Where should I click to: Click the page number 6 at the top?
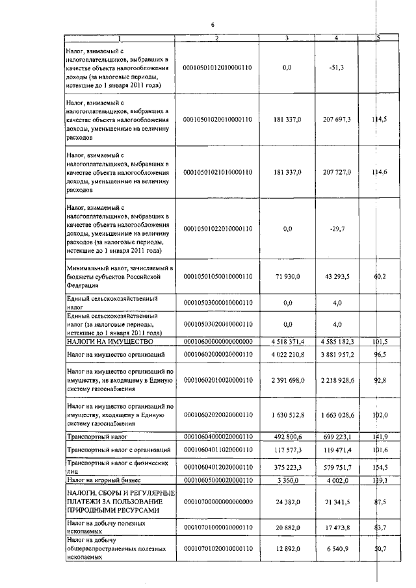(213, 25)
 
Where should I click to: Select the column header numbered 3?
(287, 38)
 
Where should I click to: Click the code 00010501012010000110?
(218, 66)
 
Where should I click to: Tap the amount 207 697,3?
(337, 120)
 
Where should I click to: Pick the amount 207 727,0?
(337, 172)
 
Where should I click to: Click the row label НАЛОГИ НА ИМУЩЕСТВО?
(110, 341)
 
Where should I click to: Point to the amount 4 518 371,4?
(287, 341)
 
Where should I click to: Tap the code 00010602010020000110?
(218, 379)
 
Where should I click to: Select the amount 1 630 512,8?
(287, 414)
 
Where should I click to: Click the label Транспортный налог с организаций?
(119, 450)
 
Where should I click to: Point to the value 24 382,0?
(287, 502)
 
